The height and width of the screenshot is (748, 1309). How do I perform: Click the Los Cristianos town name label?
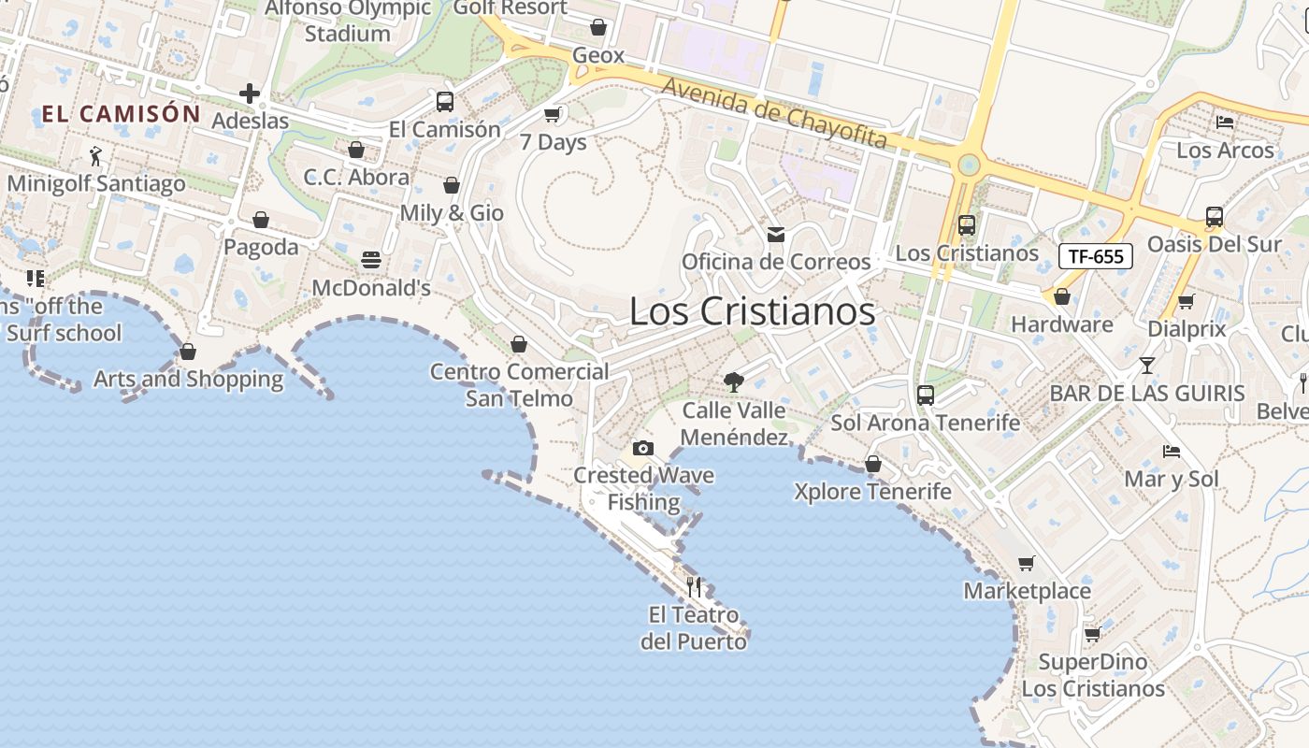coord(752,311)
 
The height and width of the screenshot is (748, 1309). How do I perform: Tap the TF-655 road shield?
coord(1095,256)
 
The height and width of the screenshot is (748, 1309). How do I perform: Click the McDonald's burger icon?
coord(371,260)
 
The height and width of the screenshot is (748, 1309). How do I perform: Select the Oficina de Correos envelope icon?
coord(776,234)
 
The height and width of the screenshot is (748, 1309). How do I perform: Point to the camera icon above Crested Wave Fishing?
coord(642,449)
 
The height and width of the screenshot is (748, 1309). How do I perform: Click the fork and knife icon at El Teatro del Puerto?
coord(694,587)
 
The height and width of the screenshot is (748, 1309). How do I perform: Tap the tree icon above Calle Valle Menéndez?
coord(734,381)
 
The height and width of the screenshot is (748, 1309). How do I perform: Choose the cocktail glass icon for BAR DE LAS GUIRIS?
coord(1147,365)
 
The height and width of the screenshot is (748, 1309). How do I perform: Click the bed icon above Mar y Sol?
coord(1172,451)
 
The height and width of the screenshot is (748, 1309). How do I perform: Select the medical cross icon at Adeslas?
coord(249,93)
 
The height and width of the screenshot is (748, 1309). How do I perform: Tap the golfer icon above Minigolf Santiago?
coord(94,155)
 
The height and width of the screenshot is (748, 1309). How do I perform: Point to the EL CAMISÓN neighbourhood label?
coord(121,114)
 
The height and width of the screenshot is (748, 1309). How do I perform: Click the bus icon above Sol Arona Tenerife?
coord(926,395)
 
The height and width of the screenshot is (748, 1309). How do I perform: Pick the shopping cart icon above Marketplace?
coord(1027,563)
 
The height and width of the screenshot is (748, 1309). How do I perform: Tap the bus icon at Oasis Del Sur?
coord(1215,217)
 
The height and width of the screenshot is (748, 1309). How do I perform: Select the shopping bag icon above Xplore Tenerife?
coord(872,464)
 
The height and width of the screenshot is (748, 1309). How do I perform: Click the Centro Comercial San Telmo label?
coord(520,385)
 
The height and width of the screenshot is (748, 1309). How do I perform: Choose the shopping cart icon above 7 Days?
coord(553,114)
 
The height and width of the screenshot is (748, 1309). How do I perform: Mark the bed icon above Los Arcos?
coord(1225,122)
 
